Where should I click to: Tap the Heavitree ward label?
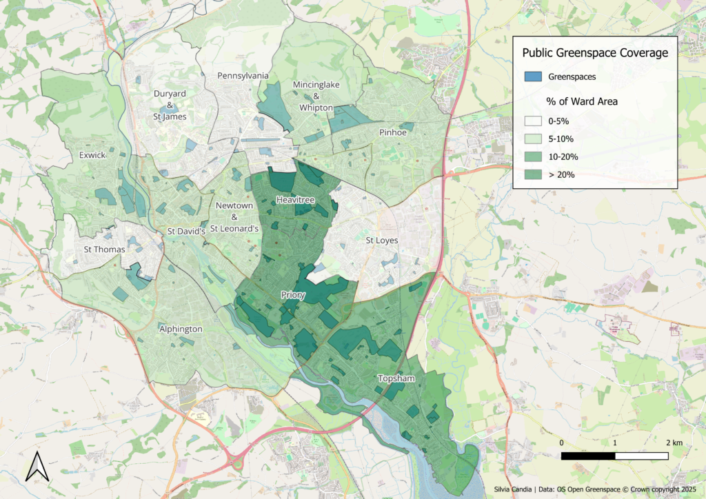coord(295,199)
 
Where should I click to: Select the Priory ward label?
coord(293,295)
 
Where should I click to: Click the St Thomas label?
coord(101,249)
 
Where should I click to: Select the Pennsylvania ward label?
coord(243,76)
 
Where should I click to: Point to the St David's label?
coord(187,232)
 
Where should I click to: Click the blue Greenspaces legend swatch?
coord(534,77)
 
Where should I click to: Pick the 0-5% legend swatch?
coord(534,121)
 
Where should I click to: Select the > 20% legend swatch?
coord(534,174)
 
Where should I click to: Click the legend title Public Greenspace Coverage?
coord(594,53)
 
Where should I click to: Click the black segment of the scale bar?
coord(588,456)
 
